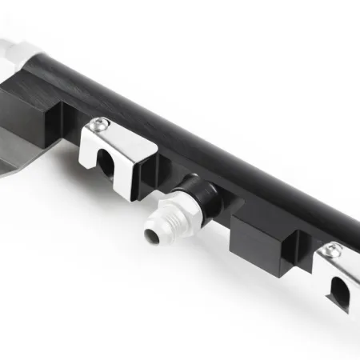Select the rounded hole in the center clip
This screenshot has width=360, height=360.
[x=106, y=163]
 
